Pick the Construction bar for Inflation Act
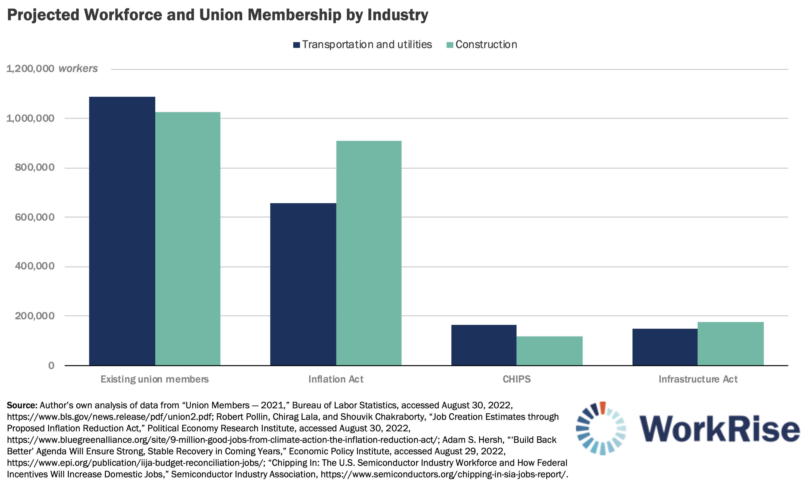click(x=369, y=253)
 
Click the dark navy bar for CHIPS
click(x=484, y=345)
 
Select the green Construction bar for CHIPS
click(x=549, y=351)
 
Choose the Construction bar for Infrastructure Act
click(x=730, y=343)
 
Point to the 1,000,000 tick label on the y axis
click(x=30, y=118)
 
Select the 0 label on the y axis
click(x=51, y=365)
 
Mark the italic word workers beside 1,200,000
click(x=78, y=69)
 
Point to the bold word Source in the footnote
click(x=22, y=405)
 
